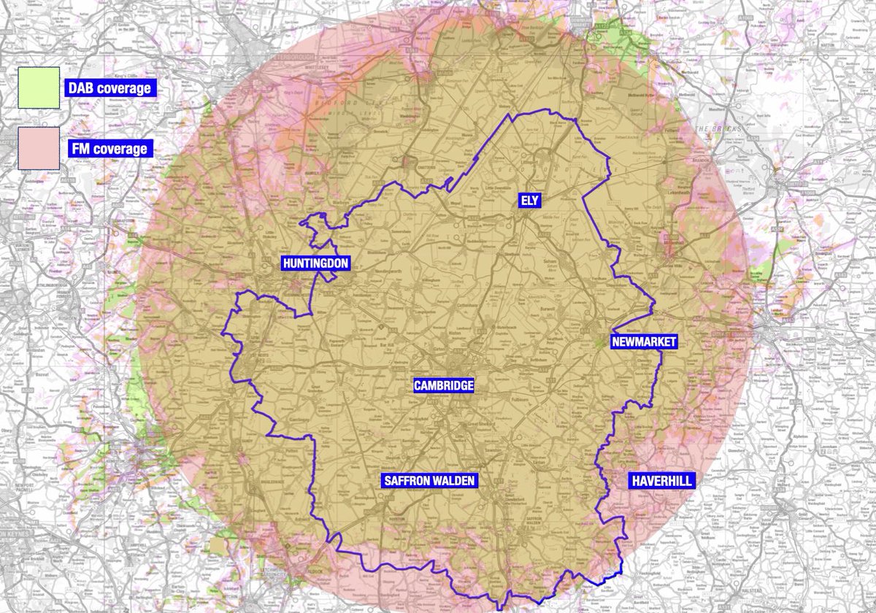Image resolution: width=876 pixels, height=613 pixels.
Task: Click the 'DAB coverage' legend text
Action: tap(110, 88)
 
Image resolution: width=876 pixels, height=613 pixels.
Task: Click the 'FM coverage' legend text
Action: tap(107, 150)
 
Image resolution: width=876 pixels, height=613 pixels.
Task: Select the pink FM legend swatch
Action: tap(39, 148)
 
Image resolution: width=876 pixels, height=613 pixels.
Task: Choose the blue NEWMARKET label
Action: tap(645, 342)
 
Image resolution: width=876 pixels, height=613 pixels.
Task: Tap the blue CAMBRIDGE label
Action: tap(444, 385)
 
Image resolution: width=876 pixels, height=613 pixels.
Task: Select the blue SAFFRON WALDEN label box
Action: tap(430, 480)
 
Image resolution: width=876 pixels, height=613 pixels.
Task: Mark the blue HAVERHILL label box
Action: tap(661, 480)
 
